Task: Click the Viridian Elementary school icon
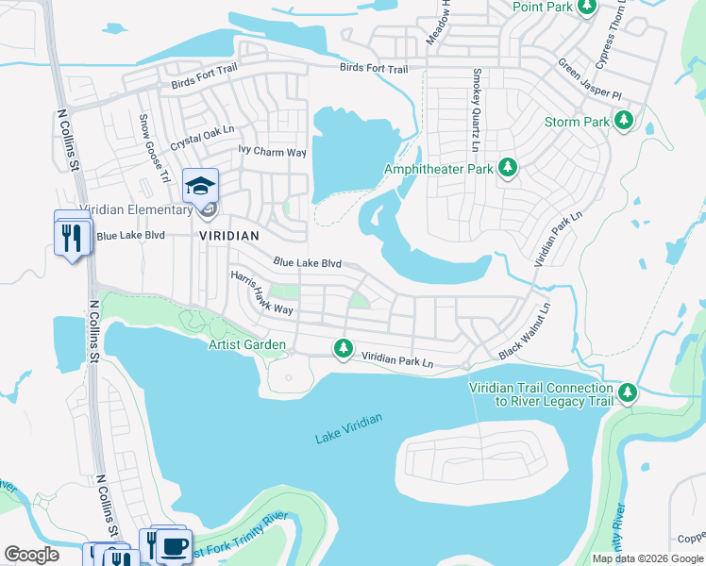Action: click(x=200, y=186)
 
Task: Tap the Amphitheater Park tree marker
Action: click(x=508, y=167)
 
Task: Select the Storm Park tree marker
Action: click(x=623, y=120)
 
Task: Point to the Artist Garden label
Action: click(x=247, y=344)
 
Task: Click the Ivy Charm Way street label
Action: click(x=273, y=152)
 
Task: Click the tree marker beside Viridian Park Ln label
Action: click(x=343, y=350)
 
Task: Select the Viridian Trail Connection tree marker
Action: click(x=628, y=391)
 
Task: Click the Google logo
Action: click(x=32, y=555)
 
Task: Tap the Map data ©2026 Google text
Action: click(x=647, y=558)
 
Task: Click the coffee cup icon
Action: click(x=173, y=545)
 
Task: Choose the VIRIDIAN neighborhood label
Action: click(x=228, y=235)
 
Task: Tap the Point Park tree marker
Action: click(x=587, y=7)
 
